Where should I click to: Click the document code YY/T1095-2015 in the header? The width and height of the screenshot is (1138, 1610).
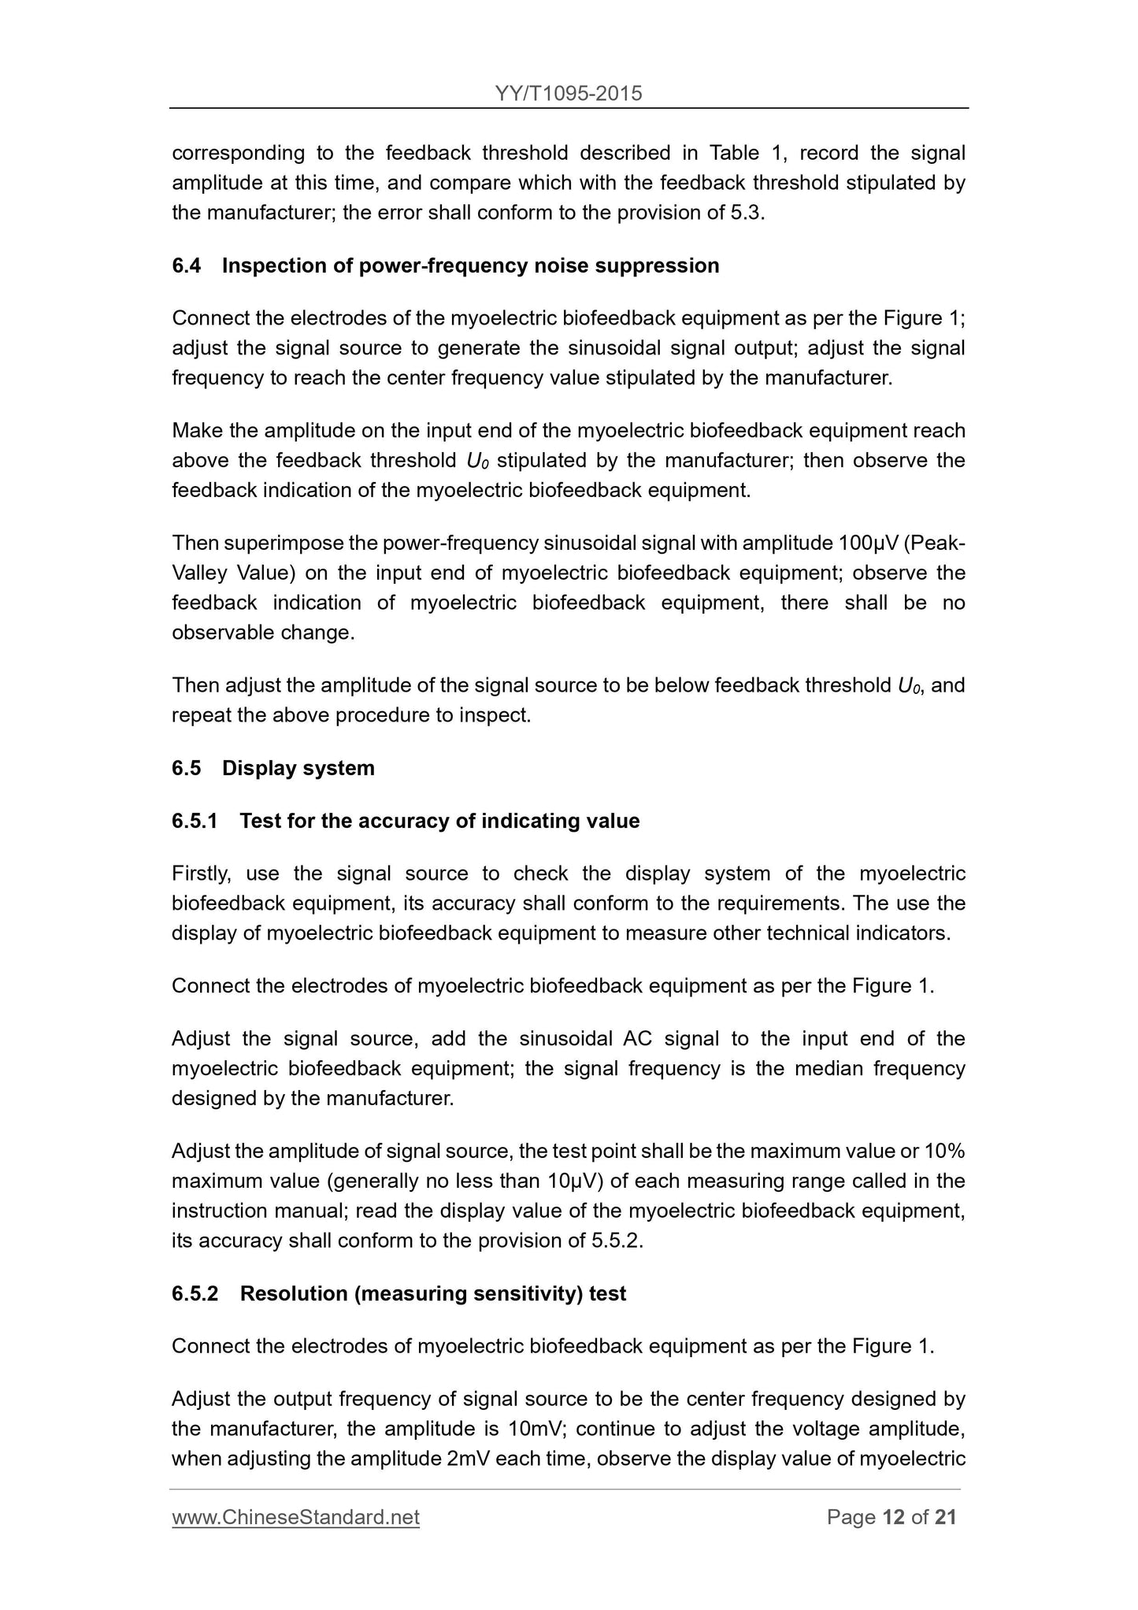569,94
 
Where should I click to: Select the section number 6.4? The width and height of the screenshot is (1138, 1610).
186,265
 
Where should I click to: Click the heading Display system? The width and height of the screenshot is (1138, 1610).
298,768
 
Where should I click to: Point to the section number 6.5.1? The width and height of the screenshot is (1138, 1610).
195,821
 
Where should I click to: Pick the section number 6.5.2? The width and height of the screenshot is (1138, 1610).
195,1293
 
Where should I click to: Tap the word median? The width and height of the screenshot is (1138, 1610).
827,1068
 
